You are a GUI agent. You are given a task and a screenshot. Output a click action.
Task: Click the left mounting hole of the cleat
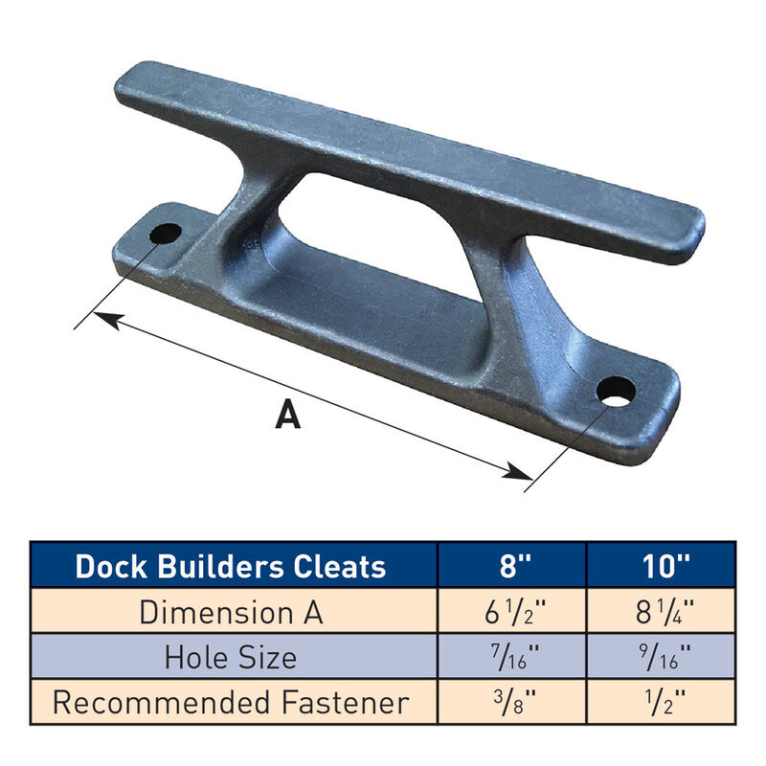pyautogui.click(x=166, y=232)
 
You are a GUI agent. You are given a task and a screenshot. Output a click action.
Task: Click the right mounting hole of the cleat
pyautogui.click(x=615, y=391)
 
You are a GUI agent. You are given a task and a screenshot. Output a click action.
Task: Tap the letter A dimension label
pyautogui.click(x=286, y=415)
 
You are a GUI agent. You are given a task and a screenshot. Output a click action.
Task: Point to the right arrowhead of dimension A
pyautogui.click(x=523, y=472)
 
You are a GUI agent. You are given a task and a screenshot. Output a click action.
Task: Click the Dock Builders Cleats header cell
pyautogui.click(x=231, y=566)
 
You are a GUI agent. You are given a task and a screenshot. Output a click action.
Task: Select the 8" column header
pyautogui.click(x=511, y=566)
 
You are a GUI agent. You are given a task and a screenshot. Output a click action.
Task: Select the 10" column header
pyautogui.click(x=661, y=566)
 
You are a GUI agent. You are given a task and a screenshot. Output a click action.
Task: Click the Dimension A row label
pyautogui.click(x=230, y=612)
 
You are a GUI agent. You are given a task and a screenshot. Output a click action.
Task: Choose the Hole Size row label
pyautogui.click(x=230, y=658)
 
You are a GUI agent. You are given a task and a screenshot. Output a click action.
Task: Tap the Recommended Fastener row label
pyautogui.click(x=230, y=703)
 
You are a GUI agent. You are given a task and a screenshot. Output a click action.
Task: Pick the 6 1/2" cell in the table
pyautogui.click(x=511, y=612)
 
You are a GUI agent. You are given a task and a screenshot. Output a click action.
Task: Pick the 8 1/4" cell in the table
pyautogui.click(x=661, y=612)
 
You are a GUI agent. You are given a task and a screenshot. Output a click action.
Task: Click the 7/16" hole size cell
pyautogui.click(x=511, y=658)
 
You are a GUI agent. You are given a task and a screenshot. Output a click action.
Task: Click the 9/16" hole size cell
pyautogui.click(x=661, y=658)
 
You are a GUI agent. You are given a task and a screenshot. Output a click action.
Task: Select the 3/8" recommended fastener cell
pyautogui.click(x=511, y=703)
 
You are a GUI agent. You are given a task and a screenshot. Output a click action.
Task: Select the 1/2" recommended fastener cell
pyautogui.click(x=661, y=703)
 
